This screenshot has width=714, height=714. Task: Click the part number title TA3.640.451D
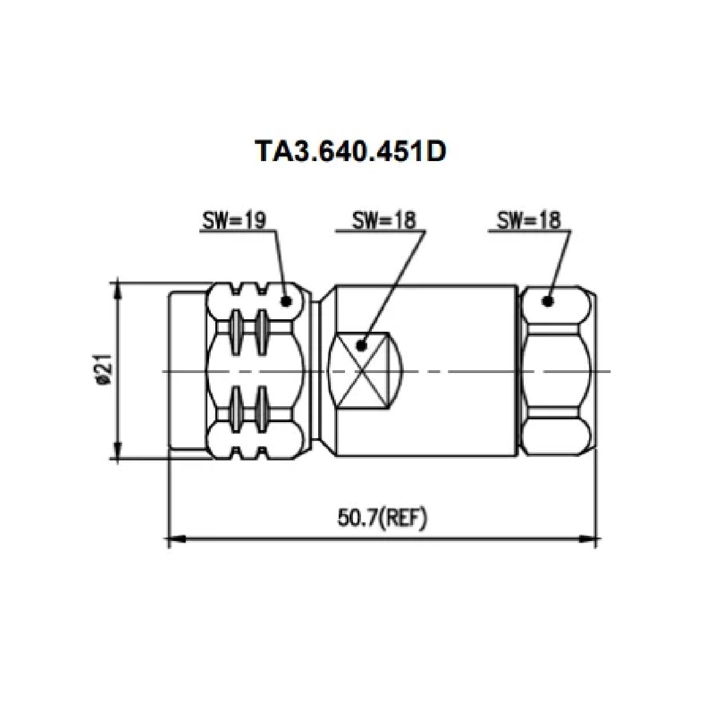pos(350,151)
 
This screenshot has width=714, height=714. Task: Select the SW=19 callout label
pos(234,220)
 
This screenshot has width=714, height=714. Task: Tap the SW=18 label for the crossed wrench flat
pos(384,220)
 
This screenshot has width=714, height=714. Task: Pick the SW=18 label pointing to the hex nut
pos(529,220)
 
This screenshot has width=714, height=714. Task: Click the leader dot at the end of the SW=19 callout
pos(286,300)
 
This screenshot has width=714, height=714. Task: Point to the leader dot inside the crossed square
pos(361,345)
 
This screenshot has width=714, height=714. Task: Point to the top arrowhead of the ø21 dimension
pos(118,288)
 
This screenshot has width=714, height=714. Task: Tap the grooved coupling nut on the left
pos(257,371)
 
